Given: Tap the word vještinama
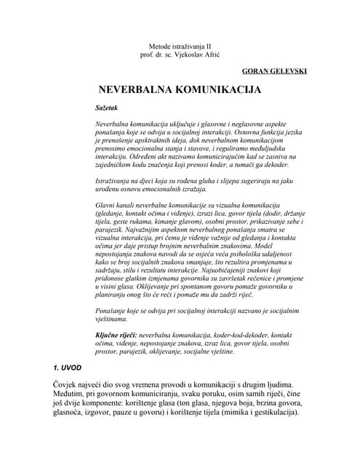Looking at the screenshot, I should (112, 319).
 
